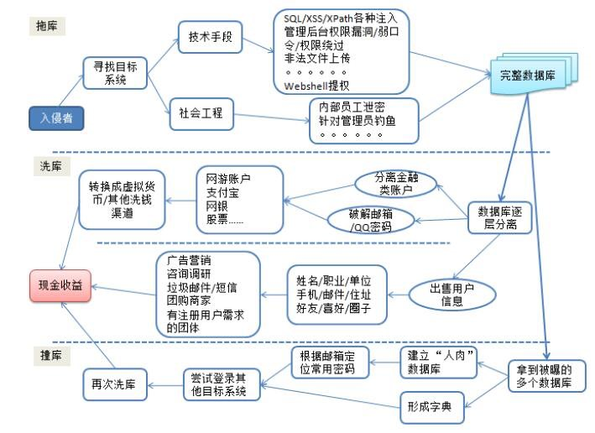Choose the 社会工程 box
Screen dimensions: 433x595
pyautogui.click(x=201, y=113)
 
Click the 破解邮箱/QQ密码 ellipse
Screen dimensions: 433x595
pyautogui.click(x=370, y=221)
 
